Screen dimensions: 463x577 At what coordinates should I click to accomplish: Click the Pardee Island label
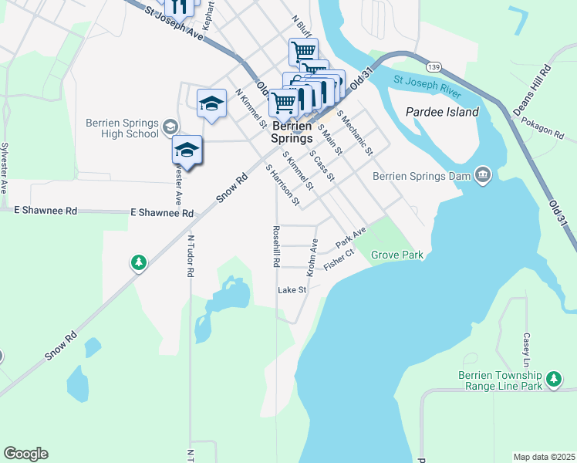tap(442, 112)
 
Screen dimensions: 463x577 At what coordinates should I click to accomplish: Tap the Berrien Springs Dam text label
tap(422, 175)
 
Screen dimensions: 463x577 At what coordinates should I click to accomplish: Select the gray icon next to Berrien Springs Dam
tap(483, 175)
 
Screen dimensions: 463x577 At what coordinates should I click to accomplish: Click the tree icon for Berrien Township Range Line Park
tap(553, 378)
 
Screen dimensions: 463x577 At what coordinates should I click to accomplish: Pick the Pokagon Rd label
tap(542, 127)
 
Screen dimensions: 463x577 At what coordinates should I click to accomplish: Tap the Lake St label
tap(292, 290)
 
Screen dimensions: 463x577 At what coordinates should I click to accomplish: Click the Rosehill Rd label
tap(275, 246)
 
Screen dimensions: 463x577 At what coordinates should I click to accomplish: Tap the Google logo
tap(25, 454)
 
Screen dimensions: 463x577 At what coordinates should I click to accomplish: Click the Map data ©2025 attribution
tap(543, 456)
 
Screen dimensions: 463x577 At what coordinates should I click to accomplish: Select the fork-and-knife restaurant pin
tap(180, 7)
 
